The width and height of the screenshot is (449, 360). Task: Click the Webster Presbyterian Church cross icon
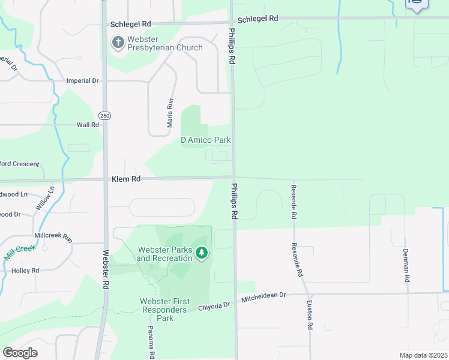click(x=118, y=42)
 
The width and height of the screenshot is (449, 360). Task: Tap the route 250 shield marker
click(x=105, y=115)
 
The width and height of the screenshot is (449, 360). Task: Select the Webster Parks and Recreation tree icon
click(x=202, y=254)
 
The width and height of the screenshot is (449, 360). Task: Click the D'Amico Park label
click(x=206, y=140)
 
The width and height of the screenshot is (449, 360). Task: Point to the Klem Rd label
click(x=125, y=179)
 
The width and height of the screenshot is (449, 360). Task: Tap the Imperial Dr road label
click(x=82, y=80)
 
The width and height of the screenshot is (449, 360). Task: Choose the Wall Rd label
click(x=88, y=125)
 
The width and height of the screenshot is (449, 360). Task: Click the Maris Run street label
click(x=170, y=113)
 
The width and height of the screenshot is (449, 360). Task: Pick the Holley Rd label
click(x=25, y=271)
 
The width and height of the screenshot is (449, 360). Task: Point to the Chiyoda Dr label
click(x=214, y=305)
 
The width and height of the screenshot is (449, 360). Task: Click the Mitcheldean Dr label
click(x=264, y=296)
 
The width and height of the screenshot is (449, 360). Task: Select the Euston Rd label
click(x=310, y=315)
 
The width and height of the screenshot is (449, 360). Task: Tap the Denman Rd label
click(x=406, y=266)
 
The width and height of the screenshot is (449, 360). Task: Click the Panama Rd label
click(x=152, y=342)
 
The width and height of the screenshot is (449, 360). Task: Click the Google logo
click(x=20, y=352)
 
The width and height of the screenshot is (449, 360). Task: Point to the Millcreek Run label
click(x=53, y=238)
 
